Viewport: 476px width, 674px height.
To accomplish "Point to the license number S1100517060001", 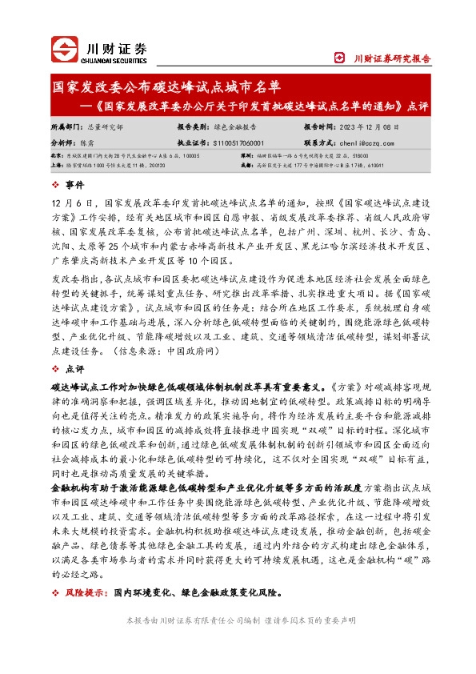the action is [x=247, y=142].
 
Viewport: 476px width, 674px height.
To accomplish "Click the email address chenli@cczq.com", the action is [x=373, y=142].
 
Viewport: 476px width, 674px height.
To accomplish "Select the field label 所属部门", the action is [x=64, y=126].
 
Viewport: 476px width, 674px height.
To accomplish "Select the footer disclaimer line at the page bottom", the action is [x=238, y=643].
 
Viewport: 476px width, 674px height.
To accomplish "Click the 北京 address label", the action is [x=57, y=156].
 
